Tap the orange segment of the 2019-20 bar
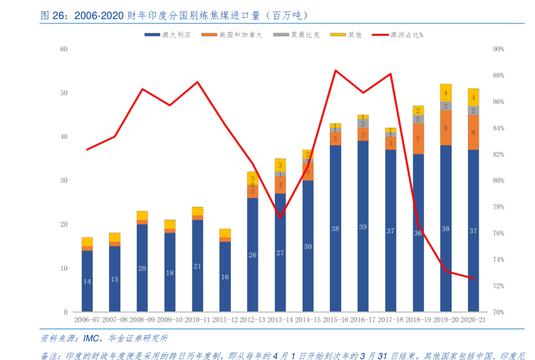click(x=445, y=128)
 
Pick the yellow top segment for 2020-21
click(x=473, y=97)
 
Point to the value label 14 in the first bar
click(x=87, y=282)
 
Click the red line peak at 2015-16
click(x=336, y=70)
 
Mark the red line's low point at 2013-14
click(x=280, y=217)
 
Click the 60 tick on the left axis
click(x=63, y=49)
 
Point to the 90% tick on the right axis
click(x=499, y=49)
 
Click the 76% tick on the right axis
click(x=499, y=233)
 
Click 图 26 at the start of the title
click(x=53, y=14)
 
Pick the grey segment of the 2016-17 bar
click(x=363, y=123)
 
